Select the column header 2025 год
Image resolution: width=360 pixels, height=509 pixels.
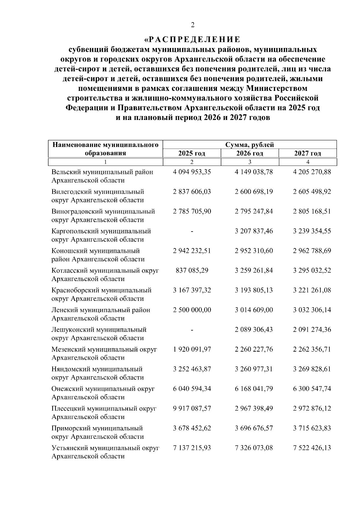pyautogui.click(x=192, y=154)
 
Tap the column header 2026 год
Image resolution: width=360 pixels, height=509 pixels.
pyautogui.click(x=250, y=154)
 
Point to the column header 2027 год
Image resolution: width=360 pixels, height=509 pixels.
pyautogui.click(x=307, y=154)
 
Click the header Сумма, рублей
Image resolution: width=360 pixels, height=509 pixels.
pyautogui.click(x=250, y=145)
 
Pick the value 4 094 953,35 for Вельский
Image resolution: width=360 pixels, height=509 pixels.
pyautogui.click(x=192, y=172)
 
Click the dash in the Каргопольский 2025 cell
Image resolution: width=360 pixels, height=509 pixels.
pyautogui.click(x=192, y=231)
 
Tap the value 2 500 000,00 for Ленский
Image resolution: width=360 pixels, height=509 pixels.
pyautogui.click(x=192, y=310)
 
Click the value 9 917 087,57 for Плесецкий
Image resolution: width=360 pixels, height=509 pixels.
pyautogui.click(x=192, y=409)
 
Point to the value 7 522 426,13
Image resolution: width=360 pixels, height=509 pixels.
pyautogui.click(x=312, y=448)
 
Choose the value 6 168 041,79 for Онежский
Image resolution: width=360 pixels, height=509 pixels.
pyautogui.click(x=254, y=389)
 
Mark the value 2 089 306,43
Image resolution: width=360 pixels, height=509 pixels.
pyautogui.click(x=254, y=330)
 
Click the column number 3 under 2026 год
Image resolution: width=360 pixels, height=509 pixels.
pyautogui.click(x=250, y=162)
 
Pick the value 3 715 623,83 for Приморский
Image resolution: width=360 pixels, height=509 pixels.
pyautogui.click(x=312, y=428)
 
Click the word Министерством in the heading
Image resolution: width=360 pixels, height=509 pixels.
pyautogui.click(x=276, y=88)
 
